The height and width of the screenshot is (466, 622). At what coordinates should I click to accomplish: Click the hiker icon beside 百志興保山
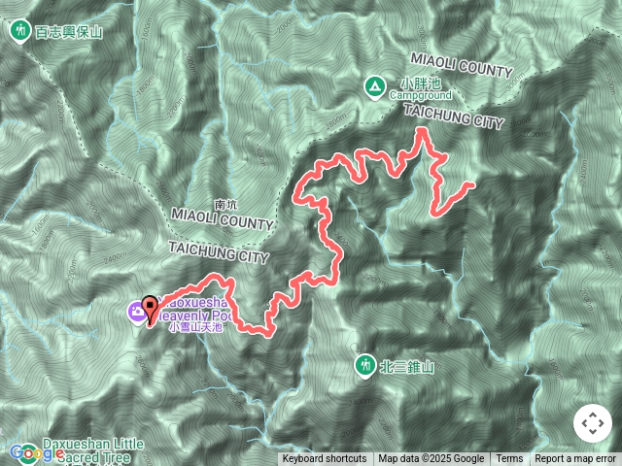point(19,31)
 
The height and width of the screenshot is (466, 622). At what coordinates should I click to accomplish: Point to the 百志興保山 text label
point(68,31)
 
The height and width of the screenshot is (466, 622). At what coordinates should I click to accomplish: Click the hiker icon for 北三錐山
point(364,366)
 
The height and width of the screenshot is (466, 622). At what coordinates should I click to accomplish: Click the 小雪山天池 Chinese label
point(196,328)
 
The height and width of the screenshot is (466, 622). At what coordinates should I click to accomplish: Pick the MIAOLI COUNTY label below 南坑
point(222,222)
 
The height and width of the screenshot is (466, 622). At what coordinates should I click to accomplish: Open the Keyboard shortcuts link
point(325,459)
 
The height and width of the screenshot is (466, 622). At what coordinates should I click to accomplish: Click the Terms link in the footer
point(509,459)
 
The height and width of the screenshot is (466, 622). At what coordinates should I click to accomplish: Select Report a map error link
point(576,459)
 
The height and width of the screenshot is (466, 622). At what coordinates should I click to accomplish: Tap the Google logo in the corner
point(36,452)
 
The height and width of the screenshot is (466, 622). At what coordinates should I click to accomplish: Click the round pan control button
point(591,423)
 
